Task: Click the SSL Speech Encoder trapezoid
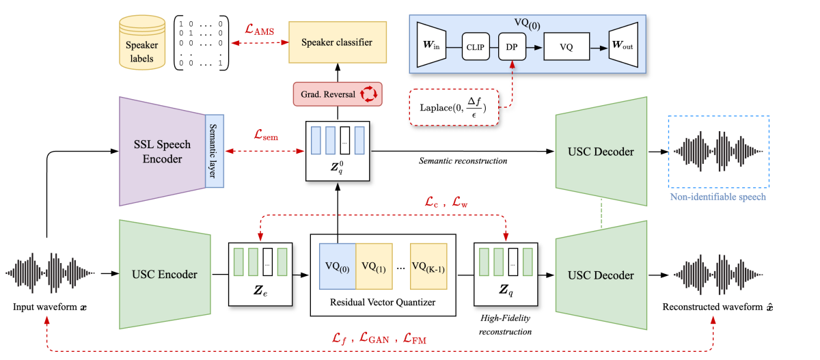(163, 150)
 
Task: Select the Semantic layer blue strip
(214, 151)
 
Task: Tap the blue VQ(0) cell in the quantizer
(333, 266)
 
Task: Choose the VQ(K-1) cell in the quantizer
(431, 266)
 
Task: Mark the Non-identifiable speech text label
(718, 197)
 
